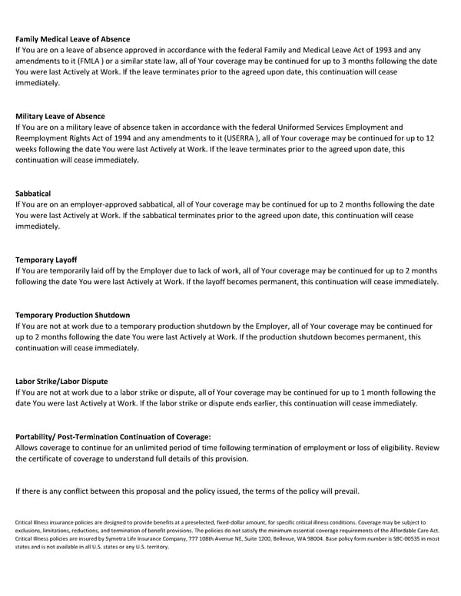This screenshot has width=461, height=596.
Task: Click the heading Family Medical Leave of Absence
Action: [73, 38]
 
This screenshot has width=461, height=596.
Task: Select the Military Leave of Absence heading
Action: [60, 116]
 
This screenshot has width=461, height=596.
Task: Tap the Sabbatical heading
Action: [33, 194]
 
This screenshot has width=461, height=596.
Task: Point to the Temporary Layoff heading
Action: [46, 260]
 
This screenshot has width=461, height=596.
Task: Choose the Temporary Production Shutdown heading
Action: [73, 315]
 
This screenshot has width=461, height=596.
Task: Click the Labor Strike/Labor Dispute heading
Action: [61, 381]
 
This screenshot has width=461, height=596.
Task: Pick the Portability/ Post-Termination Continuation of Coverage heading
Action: [113, 436]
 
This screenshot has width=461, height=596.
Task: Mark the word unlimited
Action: [169, 447]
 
